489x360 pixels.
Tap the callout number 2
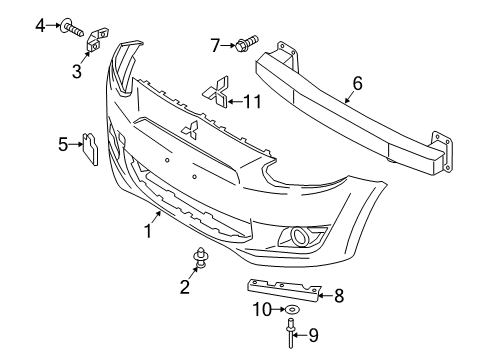click(x=184, y=287)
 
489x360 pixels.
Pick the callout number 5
click(x=63, y=146)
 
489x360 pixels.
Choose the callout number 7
click(x=214, y=44)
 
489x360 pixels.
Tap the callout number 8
click(x=339, y=295)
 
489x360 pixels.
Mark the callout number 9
click(x=311, y=337)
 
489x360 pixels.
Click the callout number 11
click(x=255, y=100)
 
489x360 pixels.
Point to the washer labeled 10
click(x=290, y=311)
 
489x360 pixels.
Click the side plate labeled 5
click(x=87, y=148)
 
